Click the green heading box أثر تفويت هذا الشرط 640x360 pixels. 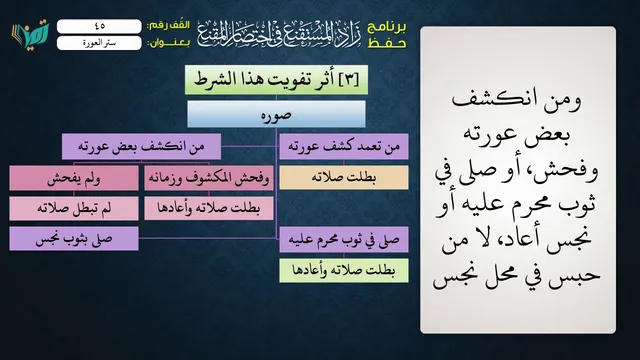pyautogui.click(x=276, y=80)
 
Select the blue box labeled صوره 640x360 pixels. pyautogui.click(x=276, y=114)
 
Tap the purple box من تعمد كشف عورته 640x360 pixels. pyautogui.click(x=344, y=146)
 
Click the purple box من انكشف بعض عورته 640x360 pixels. pyautogui.click(x=141, y=146)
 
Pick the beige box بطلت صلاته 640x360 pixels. pyautogui.click(x=344, y=177)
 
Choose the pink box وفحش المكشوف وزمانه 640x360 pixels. pyautogui.click(x=209, y=178)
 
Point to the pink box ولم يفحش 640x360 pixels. pyautogui.click(x=74, y=178)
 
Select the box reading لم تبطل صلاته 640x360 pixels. pyautogui.click(x=74, y=208)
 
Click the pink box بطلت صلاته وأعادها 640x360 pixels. pyautogui.click(x=209, y=208)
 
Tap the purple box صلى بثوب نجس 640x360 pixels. pyautogui.click(x=74, y=239)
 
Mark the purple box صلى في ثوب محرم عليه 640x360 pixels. pyautogui.click(x=344, y=239)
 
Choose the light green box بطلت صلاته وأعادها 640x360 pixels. pyautogui.click(x=344, y=270)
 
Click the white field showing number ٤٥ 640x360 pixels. pyautogui.click(x=99, y=26)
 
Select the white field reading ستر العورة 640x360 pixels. pyautogui.click(x=99, y=43)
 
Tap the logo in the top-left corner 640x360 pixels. pyautogui.click(x=31, y=34)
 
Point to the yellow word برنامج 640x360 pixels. pyautogui.click(x=387, y=27)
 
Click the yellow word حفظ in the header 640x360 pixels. pyautogui.click(x=387, y=43)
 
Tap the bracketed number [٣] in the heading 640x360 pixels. pyautogui.click(x=348, y=79)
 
